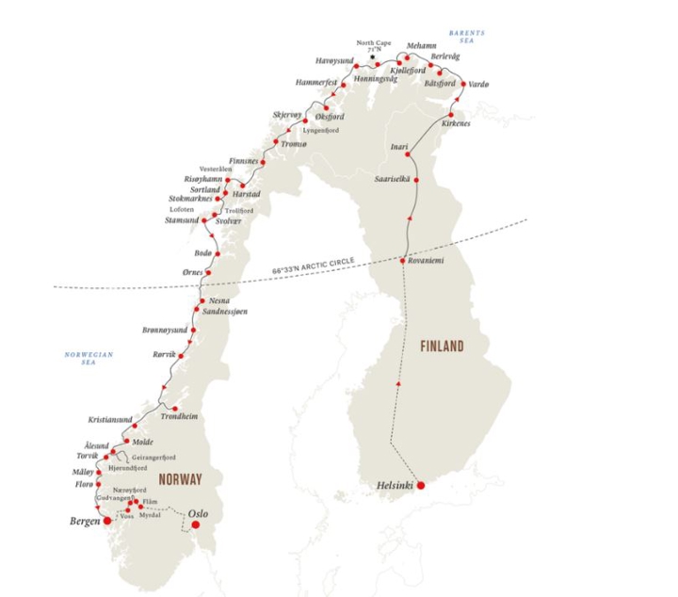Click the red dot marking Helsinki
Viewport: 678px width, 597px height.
421,485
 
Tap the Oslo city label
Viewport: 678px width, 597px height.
198,513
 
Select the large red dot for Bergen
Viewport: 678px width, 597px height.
107,519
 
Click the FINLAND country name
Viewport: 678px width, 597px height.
442,347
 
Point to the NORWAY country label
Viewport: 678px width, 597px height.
180,479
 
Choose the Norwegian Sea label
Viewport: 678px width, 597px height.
89,358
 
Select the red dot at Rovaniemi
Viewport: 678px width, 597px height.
403,260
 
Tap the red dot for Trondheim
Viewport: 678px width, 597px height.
175,408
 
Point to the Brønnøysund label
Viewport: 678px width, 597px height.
166,331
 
